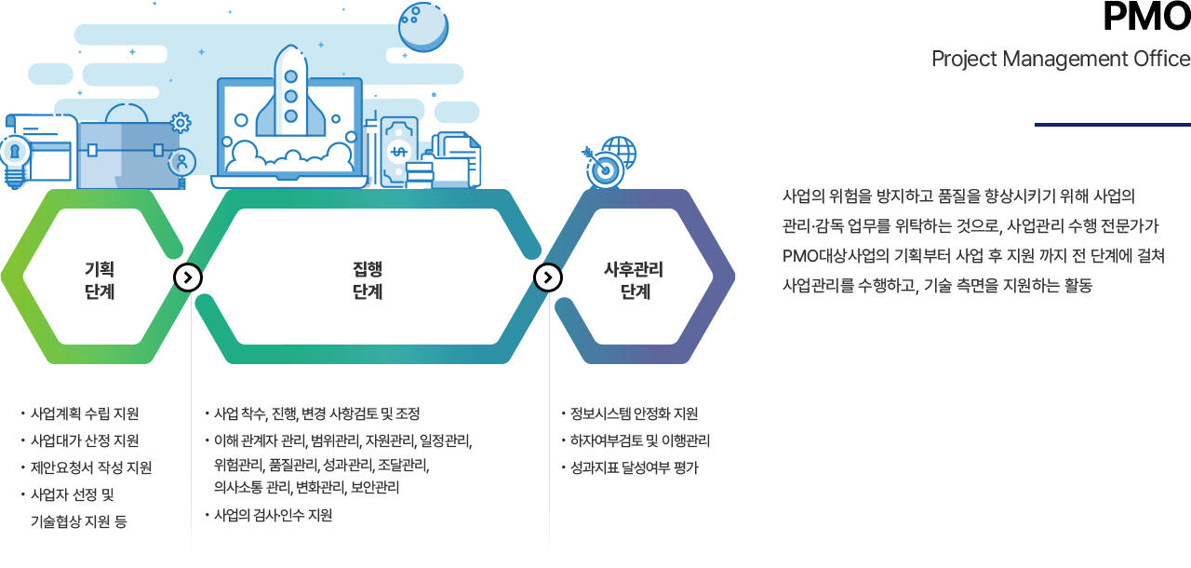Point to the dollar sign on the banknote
tap(399, 152)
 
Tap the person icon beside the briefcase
tap(182, 162)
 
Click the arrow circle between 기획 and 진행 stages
tap(188, 277)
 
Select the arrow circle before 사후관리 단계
tap(548, 277)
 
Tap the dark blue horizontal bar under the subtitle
tap(1111, 124)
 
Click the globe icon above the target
tap(619, 151)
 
